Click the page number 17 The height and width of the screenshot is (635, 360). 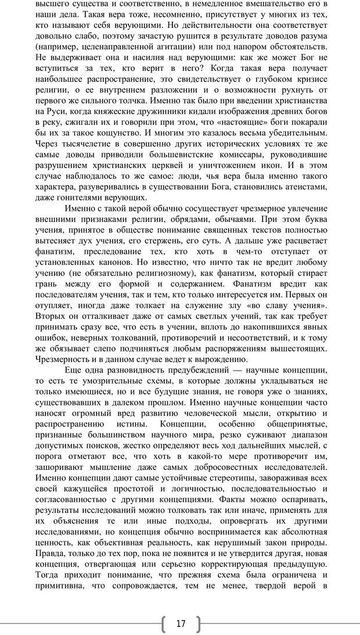(181, 623)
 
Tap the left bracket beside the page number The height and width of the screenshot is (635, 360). (163, 624)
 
